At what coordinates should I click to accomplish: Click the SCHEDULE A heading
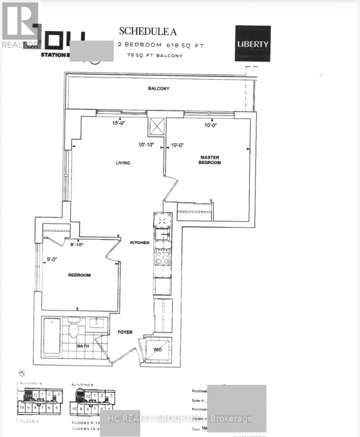click(x=148, y=32)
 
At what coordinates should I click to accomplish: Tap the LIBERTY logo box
click(x=253, y=43)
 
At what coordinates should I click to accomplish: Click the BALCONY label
click(x=159, y=88)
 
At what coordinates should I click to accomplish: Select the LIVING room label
click(x=123, y=163)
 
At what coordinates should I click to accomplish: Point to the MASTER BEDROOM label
click(x=210, y=160)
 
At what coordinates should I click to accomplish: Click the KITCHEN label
click(x=140, y=243)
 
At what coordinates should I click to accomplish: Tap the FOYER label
click(x=125, y=332)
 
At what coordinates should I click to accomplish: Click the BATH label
click(x=82, y=346)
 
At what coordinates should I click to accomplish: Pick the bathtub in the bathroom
click(x=52, y=336)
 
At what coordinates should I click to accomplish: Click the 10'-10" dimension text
click(x=146, y=145)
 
